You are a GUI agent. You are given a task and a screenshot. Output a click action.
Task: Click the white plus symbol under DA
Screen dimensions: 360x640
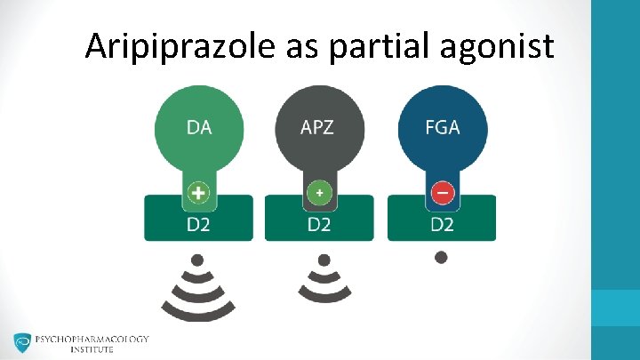[198, 192]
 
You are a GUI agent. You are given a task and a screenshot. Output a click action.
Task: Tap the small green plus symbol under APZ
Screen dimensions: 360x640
[319, 192]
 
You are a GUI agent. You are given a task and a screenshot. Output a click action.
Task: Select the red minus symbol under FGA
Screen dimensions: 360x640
[442, 192]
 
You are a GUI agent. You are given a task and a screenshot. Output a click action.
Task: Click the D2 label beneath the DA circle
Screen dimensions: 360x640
[198, 224]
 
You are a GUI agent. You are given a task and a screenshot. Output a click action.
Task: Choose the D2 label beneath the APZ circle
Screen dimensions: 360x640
[319, 224]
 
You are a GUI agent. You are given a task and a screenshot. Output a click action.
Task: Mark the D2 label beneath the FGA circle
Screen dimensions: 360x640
[442, 224]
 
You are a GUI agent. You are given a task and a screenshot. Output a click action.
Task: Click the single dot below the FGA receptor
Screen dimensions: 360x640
[442, 258]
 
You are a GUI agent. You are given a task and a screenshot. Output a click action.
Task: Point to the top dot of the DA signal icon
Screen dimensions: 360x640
[199, 260]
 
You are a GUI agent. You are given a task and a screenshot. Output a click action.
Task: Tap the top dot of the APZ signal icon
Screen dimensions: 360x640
[324, 260]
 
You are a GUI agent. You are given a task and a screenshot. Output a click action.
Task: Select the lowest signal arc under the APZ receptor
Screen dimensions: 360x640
[324, 293]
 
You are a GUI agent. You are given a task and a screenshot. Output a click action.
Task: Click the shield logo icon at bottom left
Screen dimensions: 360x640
[22, 344]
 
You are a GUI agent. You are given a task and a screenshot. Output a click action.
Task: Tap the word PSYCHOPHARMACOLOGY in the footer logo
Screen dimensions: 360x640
[92, 339]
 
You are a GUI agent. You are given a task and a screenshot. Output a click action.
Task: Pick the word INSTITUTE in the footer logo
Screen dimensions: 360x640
[92, 350]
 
